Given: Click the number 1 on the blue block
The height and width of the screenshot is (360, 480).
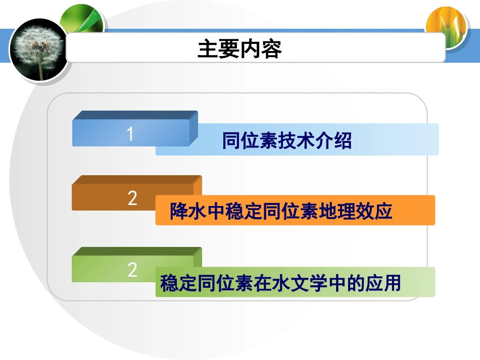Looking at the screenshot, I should coord(130,134).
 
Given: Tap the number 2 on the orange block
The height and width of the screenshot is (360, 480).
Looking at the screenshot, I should coord(132,198).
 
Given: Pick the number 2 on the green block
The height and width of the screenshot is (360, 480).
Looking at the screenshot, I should coord(132,270).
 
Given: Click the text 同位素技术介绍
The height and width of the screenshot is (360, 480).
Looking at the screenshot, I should coord(286,141).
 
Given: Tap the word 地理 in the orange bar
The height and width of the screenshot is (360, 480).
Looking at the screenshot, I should coord(332,211).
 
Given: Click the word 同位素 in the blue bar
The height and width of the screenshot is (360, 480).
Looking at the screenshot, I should coord(246,141).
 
